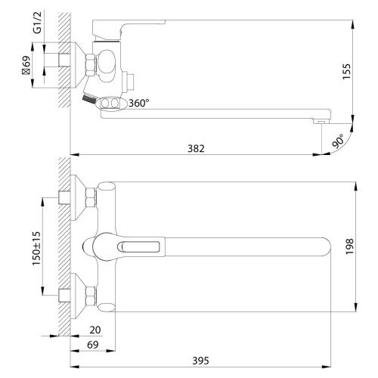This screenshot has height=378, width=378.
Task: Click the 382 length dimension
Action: [196, 149]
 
